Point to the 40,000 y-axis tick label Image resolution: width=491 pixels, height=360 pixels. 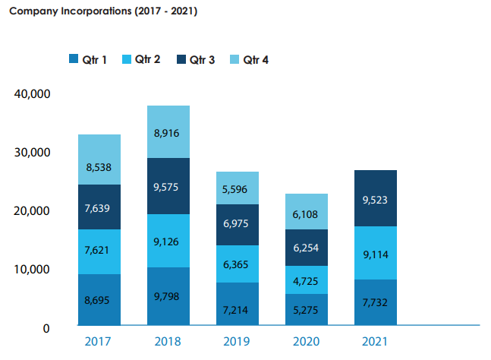(x=32, y=93)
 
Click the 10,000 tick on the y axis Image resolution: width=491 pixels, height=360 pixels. (x=32, y=270)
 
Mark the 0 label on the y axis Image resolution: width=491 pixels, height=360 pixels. (x=46, y=328)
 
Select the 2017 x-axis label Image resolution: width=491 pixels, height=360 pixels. (x=99, y=341)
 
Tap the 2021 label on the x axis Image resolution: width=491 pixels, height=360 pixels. (x=375, y=341)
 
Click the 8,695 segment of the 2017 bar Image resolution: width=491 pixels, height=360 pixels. (x=99, y=300)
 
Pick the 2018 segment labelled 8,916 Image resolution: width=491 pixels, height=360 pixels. (x=168, y=132)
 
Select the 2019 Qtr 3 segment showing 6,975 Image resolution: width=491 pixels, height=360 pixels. (x=237, y=225)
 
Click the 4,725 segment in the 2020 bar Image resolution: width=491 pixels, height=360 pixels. (x=307, y=280)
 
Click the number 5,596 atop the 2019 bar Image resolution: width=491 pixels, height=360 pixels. (x=237, y=189)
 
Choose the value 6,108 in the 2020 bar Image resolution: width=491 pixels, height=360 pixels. (x=307, y=215)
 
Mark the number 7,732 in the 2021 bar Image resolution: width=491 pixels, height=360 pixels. (x=375, y=303)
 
